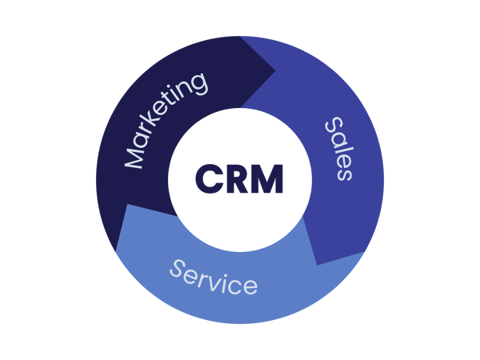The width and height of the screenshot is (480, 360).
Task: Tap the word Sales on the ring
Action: pos(339,149)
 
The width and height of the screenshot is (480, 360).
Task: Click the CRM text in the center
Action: pos(239,179)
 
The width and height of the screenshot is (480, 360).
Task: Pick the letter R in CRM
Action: pos(238,179)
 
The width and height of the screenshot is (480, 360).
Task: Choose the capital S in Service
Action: pos(178,269)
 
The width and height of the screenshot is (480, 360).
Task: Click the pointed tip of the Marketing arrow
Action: pos(275,70)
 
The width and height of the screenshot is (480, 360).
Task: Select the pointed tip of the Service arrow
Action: pos(126,205)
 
